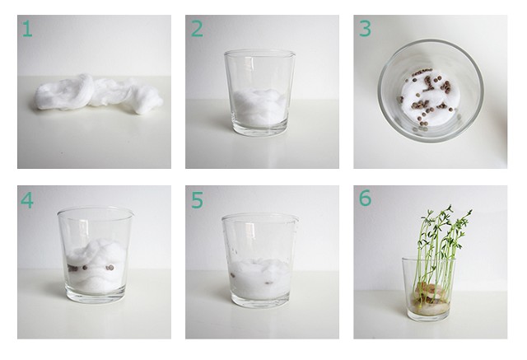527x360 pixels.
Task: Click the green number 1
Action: tap(27, 29)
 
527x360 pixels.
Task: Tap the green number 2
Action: tap(197, 29)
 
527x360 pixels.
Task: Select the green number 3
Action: tap(365, 29)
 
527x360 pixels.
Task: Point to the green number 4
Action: tap(27, 200)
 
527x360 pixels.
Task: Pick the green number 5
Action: tap(197, 200)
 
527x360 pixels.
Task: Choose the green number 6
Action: tap(365, 198)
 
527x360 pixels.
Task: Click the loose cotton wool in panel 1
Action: tap(99, 93)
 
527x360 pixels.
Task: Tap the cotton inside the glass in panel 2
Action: tap(259, 107)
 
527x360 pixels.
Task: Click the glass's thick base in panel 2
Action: tap(260, 129)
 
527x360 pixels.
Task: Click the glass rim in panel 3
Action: tap(431, 41)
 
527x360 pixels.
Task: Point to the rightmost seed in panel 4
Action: tap(110, 268)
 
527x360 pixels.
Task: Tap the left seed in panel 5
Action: tap(232, 275)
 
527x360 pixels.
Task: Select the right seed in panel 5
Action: tap(269, 283)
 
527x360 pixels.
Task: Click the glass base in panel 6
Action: tap(428, 316)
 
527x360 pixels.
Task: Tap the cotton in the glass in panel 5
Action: tap(260, 278)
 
